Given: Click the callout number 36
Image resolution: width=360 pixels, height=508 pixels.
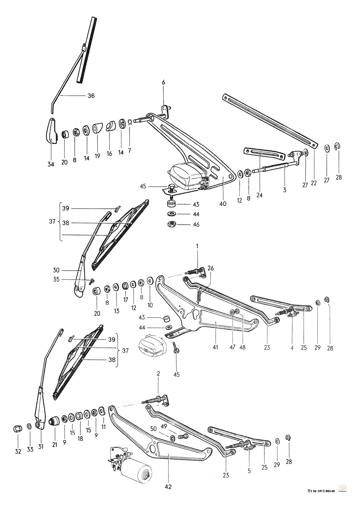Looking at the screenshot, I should [91, 96].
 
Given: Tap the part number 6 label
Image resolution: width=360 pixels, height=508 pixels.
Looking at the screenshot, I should [163, 83].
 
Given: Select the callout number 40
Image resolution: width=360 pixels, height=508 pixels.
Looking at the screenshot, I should [222, 204].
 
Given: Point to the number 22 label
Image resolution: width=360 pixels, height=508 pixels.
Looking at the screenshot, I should [314, 183].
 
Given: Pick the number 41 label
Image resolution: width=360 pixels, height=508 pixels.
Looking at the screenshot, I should [215, 347].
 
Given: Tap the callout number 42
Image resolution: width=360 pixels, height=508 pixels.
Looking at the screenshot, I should [169, 487].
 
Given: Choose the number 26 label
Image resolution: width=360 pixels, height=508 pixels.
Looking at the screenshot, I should [211, 268].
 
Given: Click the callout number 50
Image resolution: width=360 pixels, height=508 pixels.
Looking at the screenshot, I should [153, 429].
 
